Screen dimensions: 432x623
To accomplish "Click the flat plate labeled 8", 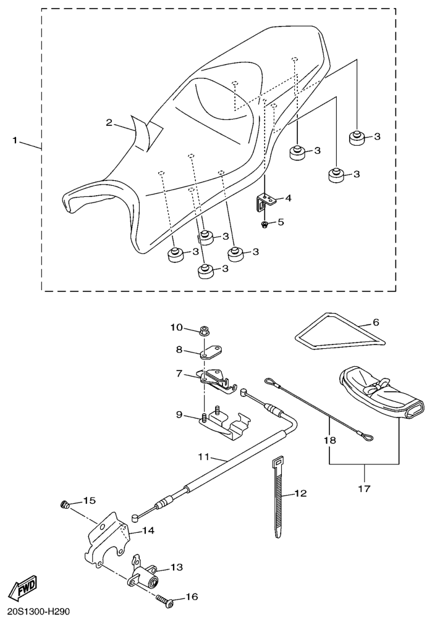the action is [211, 353].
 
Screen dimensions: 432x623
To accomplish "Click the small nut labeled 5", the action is [265, 225].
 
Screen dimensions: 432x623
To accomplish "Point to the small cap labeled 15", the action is [65, 505].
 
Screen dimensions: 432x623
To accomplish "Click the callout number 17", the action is [365, 488].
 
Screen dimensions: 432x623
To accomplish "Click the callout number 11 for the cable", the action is [204, 457].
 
